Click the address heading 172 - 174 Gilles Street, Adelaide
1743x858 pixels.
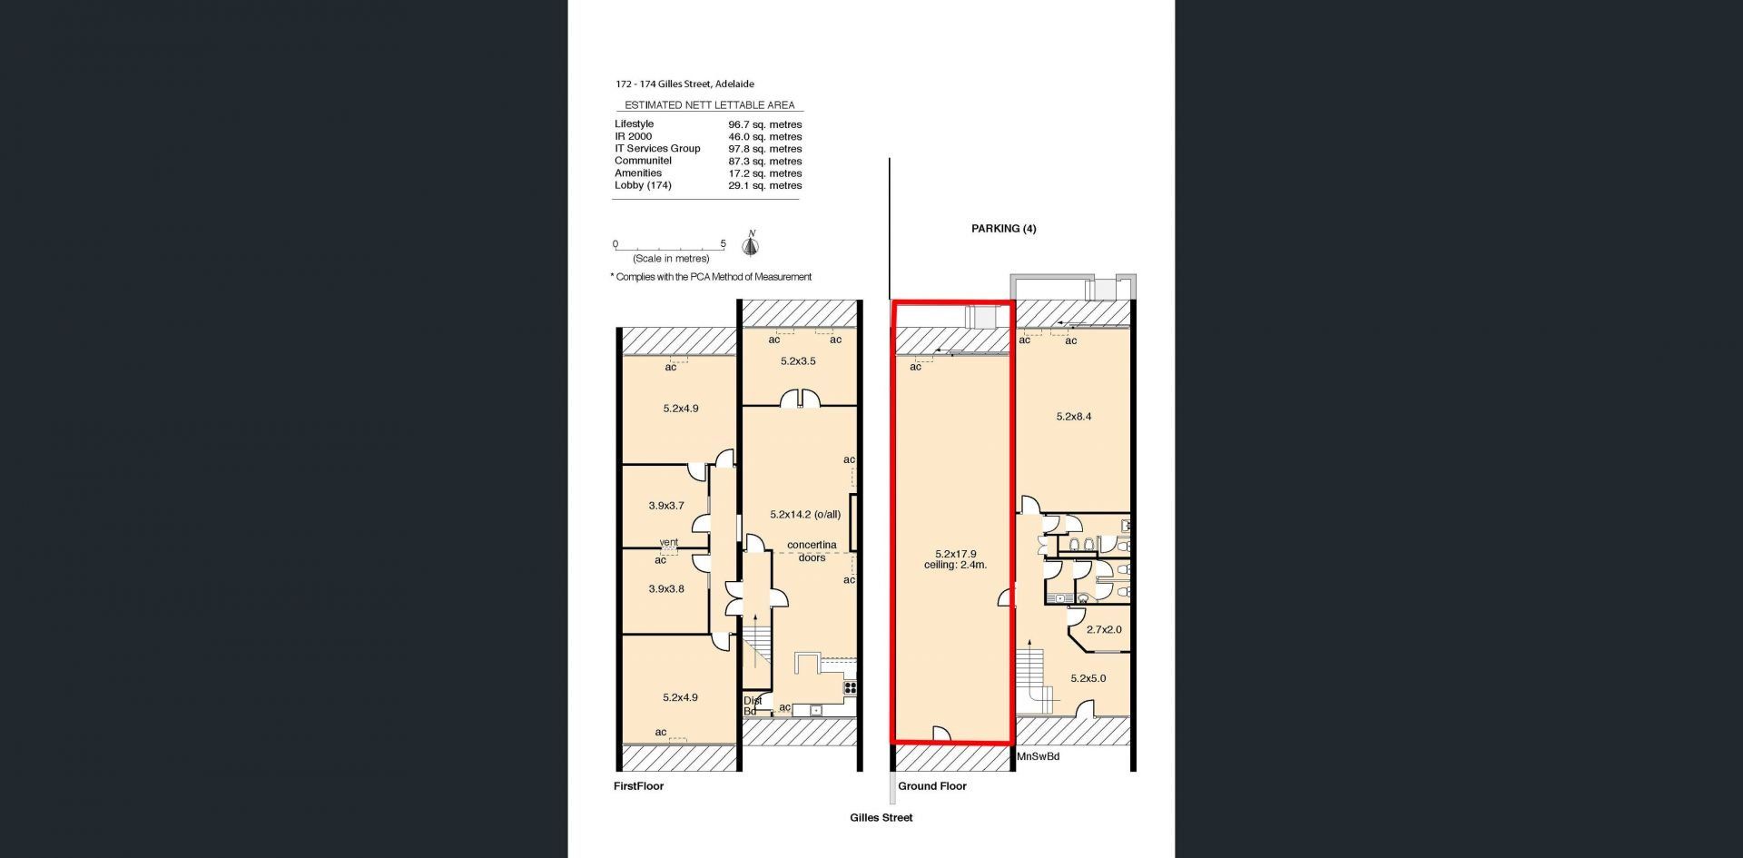point(684,84)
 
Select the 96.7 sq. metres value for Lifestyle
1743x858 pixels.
point(764,124)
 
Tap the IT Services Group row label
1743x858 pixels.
point(657,149)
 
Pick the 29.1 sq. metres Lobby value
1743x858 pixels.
point(764,185)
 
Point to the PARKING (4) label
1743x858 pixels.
point(1003,229)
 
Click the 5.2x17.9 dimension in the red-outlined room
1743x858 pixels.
point(955,553)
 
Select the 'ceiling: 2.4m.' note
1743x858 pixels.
point(955,565)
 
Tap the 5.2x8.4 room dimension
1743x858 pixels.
point(1074,417)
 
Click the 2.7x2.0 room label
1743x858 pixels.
point(1104,629)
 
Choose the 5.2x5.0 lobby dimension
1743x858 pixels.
point(1088,678)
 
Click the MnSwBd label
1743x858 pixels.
point(1038,755)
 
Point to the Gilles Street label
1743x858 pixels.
point(881,817)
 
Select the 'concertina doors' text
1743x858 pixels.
point(812,551)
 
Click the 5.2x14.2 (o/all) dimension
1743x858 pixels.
point(805,514)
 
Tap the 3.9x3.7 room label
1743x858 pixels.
point(666,506)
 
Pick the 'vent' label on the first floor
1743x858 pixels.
point(668,543)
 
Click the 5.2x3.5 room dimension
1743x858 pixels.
point(798,360)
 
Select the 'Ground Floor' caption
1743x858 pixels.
point(932,786)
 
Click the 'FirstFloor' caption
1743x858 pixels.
point(638,786)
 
